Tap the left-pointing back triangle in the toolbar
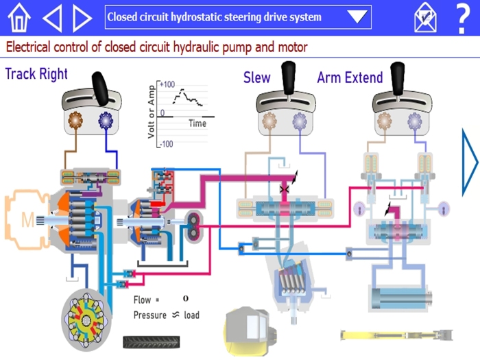52,18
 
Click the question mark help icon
463,18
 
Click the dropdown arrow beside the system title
357,17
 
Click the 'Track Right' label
36,74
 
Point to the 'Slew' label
257,77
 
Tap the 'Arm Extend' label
350,77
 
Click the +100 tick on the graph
167,84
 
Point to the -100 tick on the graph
166,144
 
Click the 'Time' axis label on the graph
197,124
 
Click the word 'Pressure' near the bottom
149,315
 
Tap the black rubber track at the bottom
152,341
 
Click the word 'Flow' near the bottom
142,300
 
